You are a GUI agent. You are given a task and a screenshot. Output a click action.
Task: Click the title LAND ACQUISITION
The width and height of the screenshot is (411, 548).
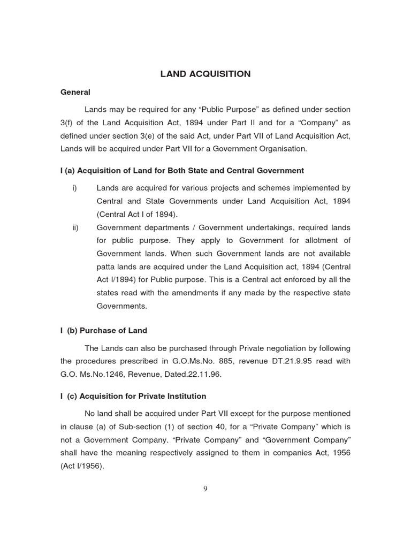(x=205, y=74)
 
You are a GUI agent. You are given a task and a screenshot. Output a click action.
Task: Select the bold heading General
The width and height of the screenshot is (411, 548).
(x=75, y=92)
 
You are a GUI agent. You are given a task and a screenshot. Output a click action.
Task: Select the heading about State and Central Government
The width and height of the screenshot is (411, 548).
(x=182, y=171)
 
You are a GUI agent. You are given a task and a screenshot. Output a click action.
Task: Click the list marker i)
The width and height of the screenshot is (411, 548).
(x=74, y=188)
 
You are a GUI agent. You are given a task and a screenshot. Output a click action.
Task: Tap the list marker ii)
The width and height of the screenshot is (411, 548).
(x=75, y=227)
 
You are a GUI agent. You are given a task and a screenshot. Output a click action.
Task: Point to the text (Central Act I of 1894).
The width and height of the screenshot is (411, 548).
(x=136, y=214)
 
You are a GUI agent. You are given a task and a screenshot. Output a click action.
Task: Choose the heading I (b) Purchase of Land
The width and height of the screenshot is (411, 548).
(x=104, y=331)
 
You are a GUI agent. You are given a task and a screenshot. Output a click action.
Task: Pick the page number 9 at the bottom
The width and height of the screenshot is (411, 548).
(x=205, y=488)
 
